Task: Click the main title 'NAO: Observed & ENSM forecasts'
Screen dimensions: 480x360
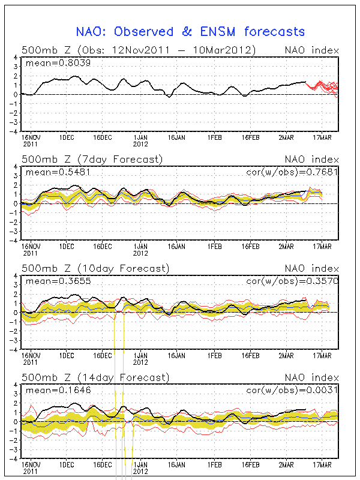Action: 190,32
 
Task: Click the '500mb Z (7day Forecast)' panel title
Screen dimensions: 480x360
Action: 92,160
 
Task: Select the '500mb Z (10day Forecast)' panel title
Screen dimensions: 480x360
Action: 95,268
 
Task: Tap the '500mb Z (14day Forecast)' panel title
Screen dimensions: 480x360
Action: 95,377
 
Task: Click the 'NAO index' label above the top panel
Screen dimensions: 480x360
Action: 311,50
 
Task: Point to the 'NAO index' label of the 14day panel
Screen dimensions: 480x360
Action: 311,377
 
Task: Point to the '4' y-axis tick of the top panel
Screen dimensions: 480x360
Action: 16,58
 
